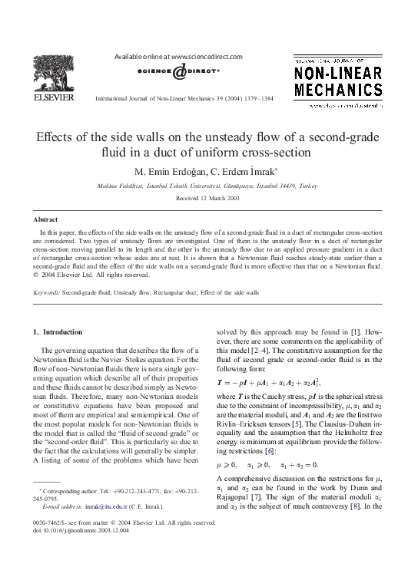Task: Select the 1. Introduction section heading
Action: pos(58,331)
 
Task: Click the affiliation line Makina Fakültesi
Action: pos(208,186)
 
